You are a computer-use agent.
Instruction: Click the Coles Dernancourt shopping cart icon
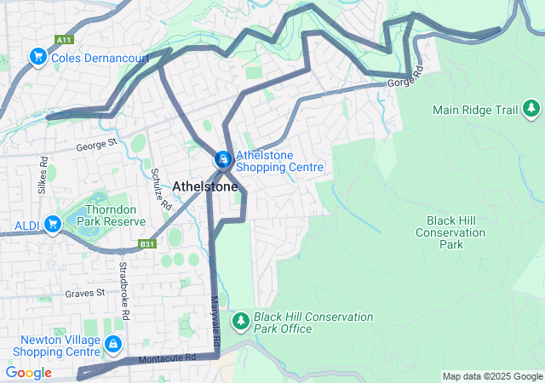(x=37, y=57)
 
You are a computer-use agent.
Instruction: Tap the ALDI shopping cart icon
(x=53, y=224)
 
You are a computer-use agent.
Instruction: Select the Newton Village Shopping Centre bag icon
(x=112, y=345)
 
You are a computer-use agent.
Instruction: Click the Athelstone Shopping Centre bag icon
(x=222, y=159)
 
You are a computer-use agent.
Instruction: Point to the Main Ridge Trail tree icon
(x=531, y=109)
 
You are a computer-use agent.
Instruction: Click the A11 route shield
(x=63, y=40)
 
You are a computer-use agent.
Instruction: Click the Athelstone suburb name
(x=205, y=186)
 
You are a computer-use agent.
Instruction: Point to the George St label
(x=95, y=146)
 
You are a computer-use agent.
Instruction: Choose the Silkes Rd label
(x=43, y=172)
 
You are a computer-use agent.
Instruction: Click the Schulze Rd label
(x=160, y=188)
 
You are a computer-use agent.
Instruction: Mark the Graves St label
(x=84, y=293)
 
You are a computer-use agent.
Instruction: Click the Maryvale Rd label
(x=215, y=321)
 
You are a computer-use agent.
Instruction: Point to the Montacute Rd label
(x=167, y=358)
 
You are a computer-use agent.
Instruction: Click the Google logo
(x=28, y=373)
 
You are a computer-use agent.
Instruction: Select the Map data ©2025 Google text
(x=491, y=376)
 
